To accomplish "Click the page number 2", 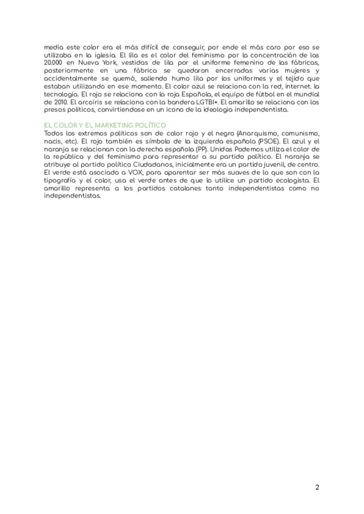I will point(317,487).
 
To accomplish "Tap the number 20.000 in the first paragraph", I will point(56,63).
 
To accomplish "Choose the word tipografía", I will point(63,180).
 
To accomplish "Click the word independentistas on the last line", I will point(72,196).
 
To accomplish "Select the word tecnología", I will point(60,95).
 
